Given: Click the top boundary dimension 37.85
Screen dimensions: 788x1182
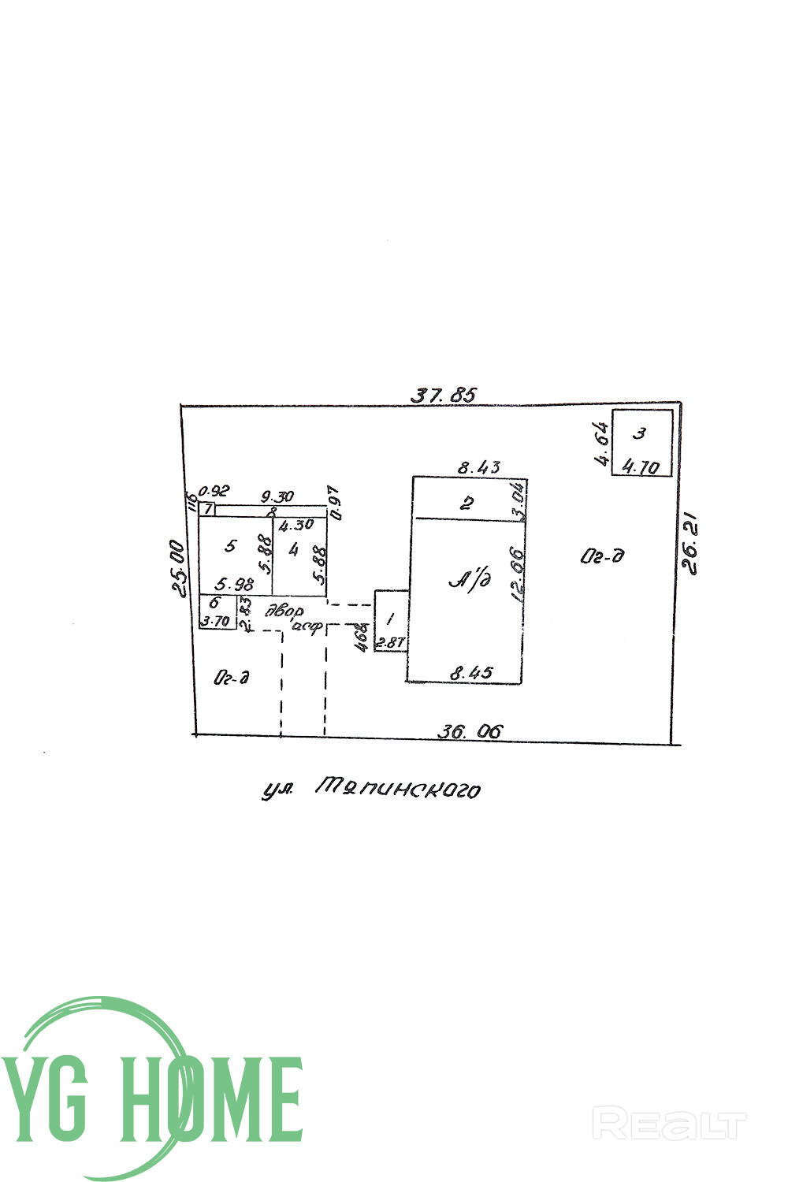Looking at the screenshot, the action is click(x=444, y=395).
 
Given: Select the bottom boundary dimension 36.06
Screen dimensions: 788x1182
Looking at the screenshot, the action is click(x=470, y=731).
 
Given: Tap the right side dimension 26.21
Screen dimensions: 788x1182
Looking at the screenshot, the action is click(x=690, y=545).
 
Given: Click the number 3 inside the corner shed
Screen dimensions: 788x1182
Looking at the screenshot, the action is click(x=641, y=433).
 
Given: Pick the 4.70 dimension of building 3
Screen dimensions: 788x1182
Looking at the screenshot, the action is click(x=640, y=466).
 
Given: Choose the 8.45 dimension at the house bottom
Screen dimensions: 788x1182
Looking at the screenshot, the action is click(x=470, y=673).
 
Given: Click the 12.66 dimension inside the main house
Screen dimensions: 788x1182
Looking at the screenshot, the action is click(x=518, y=574).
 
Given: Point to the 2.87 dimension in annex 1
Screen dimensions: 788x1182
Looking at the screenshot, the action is click(x=389, y=643).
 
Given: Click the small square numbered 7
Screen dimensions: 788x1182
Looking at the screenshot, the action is click(x=206, y=509).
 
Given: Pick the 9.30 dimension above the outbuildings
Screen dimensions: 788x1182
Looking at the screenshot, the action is click(x=277, y=497).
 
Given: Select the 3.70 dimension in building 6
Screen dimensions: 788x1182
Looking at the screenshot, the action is click(x=216, y=621).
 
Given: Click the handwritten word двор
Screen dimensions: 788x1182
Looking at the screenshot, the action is click(x=284, y=610).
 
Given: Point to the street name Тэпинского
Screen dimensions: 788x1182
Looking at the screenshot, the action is click(x=396, y=787).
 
